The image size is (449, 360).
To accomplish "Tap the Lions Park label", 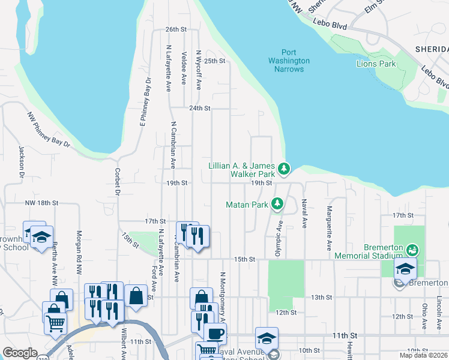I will click(376, 64).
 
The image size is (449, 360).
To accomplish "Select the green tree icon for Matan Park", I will click(277, 205).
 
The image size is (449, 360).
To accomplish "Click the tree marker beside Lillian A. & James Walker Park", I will click(285, 169).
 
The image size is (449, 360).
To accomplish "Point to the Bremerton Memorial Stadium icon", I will click(412, 249).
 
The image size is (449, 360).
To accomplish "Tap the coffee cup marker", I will click(215, 333).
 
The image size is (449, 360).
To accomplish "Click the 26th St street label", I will click(177, 29).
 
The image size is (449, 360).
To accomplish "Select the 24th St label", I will click(200, 109).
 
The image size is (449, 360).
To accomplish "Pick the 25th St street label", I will click(214, 61).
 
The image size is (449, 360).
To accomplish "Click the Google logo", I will click(20, 353).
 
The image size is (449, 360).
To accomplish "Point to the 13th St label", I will click(322, 298).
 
